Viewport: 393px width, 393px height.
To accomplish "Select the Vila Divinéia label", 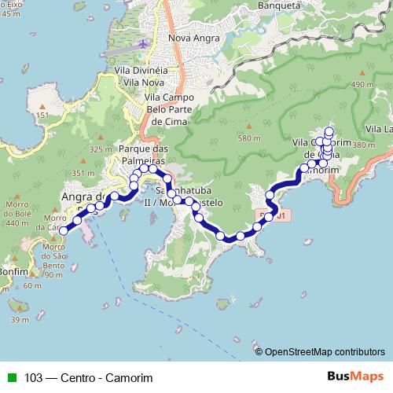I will [x=135, y=69].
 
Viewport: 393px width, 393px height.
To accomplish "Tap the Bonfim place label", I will [x=13, y=270].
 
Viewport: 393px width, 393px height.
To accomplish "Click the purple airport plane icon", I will [x=143, y=44].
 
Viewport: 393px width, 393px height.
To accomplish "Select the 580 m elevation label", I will [x=249, y=138].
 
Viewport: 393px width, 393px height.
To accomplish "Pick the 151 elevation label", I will [x=42, y=116].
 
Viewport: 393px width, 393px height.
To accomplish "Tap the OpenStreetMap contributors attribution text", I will [x=325, y=351].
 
